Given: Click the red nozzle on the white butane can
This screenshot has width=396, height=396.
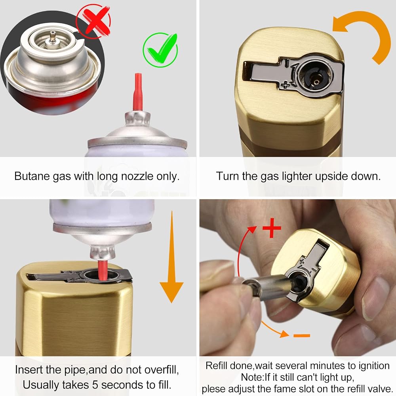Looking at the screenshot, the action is coord(138,92).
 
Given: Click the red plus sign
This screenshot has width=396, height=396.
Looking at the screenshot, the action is coord(272,228).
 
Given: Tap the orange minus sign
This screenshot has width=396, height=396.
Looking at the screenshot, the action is coord(301,335).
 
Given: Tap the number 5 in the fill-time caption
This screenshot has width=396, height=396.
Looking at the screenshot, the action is coord(95,385).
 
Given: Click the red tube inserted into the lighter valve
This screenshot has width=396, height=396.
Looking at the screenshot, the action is coord(103,270).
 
